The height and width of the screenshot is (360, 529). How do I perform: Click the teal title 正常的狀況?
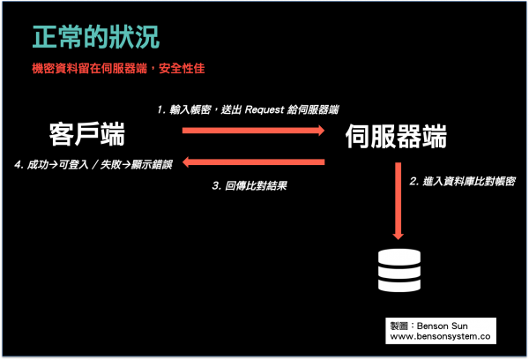click(96, 37)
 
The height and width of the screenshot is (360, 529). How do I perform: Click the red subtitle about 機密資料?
click(118, 69)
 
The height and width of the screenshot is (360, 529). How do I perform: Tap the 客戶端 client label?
click(87, 134)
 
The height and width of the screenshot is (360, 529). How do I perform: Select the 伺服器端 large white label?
click(396, 136)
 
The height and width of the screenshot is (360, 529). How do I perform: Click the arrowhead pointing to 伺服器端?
click(321, 131)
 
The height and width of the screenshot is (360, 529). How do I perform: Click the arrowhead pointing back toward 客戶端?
click(187, 162)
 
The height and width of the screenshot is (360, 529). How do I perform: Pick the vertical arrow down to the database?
click(399, 201)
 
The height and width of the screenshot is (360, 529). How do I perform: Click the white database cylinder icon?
click(399, 271)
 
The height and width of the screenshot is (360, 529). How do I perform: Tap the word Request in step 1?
click(264, 109)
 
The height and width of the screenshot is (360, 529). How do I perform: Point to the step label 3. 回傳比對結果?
click(250, 186)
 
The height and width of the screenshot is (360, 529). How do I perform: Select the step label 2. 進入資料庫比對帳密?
click(463, 182)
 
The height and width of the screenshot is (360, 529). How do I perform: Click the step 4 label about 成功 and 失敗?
click(93, 164)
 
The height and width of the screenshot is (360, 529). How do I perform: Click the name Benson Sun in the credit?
click(443, 326)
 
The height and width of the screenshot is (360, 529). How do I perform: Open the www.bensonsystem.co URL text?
click(440, 336)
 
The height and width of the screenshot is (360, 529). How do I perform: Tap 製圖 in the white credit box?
click(399, 326)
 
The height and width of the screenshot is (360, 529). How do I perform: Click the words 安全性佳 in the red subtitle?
click(182, 69)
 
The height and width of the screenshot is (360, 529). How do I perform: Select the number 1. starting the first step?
click(161, 109)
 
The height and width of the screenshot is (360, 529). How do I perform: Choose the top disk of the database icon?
click(399, 256)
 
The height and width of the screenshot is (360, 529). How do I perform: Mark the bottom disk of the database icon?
click(399, 286)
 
